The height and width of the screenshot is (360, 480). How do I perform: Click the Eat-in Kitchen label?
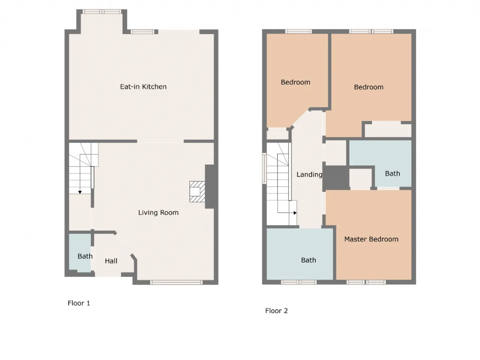tap(143, 87)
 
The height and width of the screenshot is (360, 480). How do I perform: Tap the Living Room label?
tap(158, 213)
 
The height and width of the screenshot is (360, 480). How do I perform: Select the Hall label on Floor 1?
tap(111, 261)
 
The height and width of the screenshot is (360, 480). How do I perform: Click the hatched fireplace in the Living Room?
tap(197, 192)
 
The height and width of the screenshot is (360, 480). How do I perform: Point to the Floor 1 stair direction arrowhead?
tap(80, 192)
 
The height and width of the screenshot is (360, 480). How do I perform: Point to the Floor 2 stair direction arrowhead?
tap(295, 213)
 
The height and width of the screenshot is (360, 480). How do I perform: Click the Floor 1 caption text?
tap(79, 303)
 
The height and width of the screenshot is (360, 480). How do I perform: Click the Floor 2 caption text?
tap(276, 311)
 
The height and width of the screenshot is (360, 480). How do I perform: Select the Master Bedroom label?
tap(371, 239)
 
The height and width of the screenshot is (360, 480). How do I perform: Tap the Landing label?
tap(309, 174)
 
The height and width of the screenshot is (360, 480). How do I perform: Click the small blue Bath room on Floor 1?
tap(80, 252)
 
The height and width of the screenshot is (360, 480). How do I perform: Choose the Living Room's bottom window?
tap(176, 282)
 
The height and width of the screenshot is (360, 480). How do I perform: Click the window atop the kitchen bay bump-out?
tap(102, 12)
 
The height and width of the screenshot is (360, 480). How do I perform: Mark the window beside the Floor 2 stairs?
tap(264, 168)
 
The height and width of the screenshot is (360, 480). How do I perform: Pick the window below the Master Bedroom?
tap(366, 282)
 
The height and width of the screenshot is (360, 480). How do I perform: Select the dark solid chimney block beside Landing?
tap(336, 178)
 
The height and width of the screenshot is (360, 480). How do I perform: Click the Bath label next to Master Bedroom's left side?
tap(309, 260)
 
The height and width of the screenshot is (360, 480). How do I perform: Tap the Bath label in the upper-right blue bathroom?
tap(393, 174)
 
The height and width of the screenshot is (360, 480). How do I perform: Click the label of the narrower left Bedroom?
tap(295, 82)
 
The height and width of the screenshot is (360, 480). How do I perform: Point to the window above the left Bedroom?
tap(298, 31)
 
